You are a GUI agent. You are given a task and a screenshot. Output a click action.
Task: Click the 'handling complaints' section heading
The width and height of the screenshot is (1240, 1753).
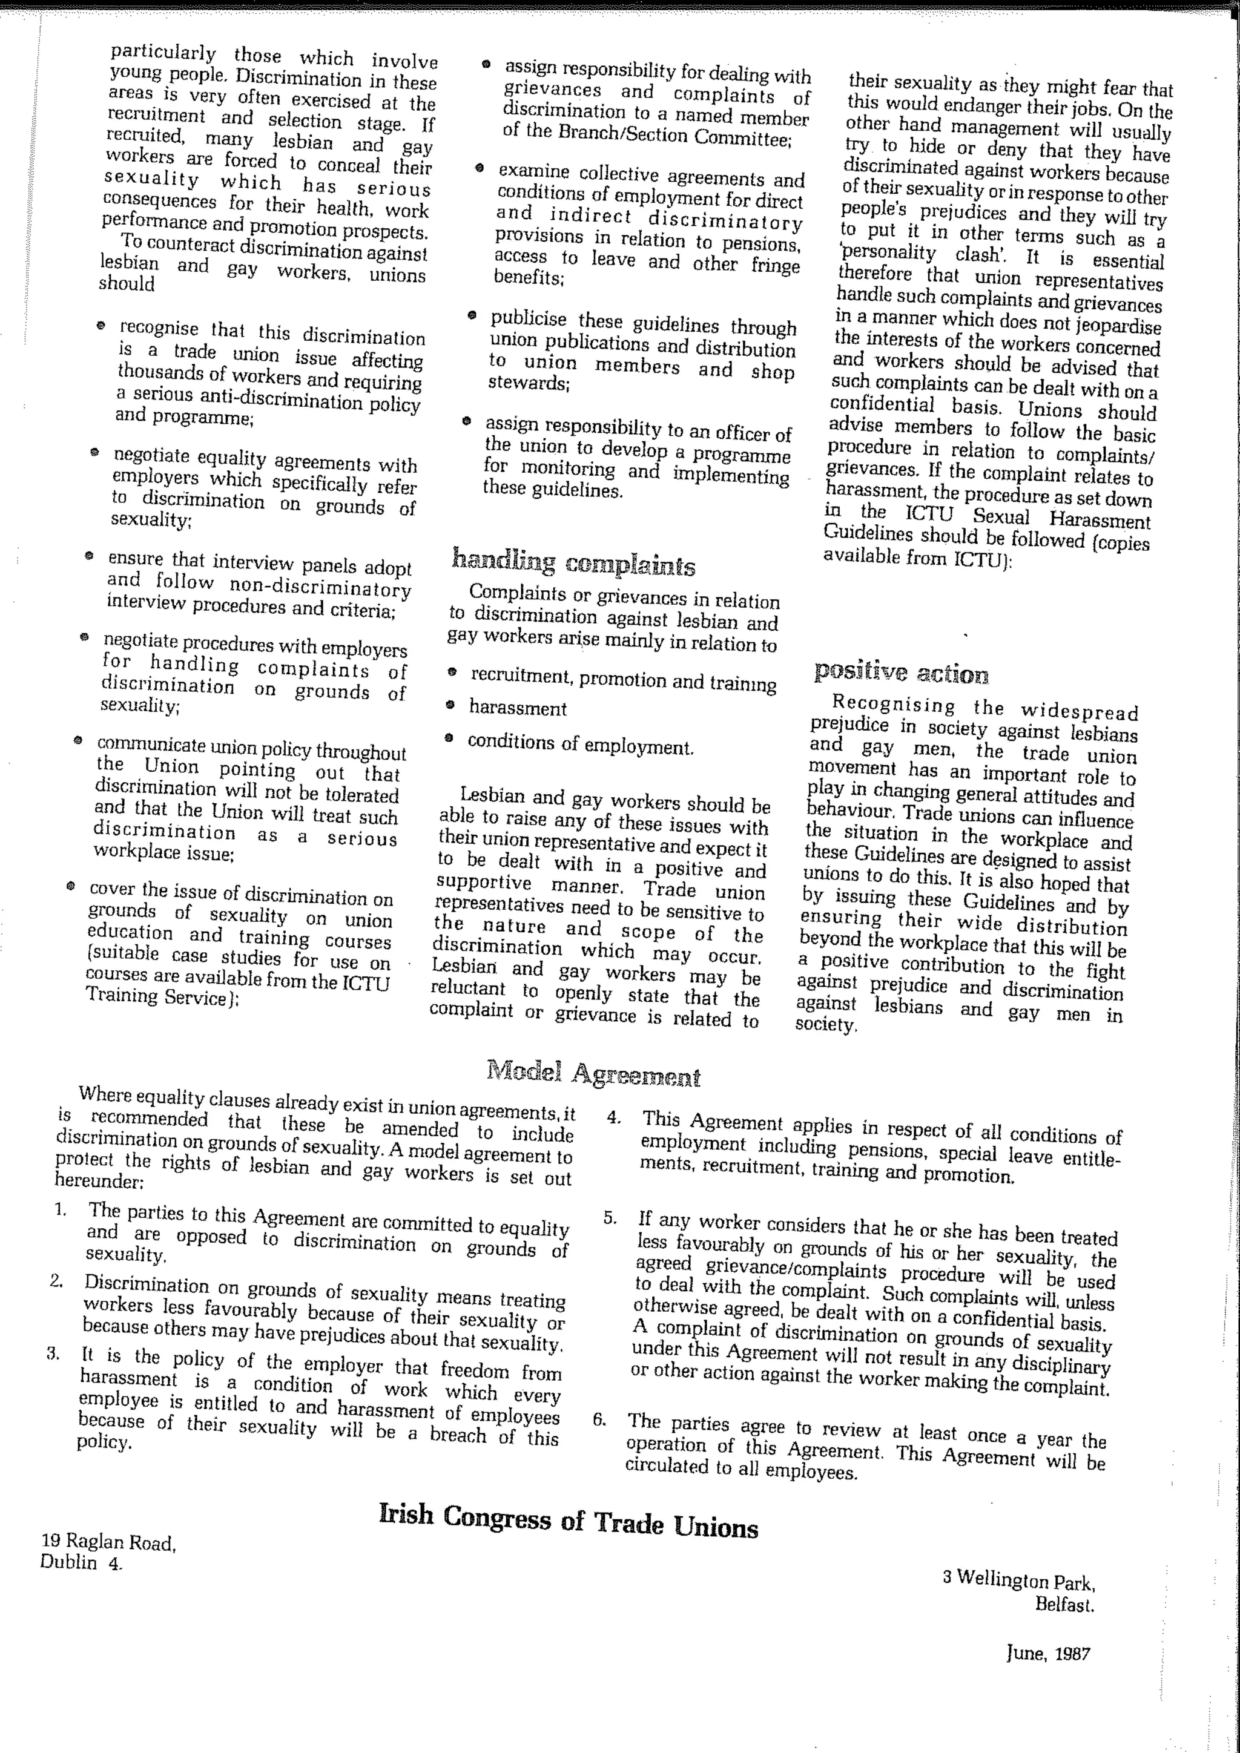[573, 564]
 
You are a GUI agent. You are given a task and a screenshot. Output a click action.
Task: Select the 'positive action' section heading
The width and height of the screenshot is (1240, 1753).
[900, 673]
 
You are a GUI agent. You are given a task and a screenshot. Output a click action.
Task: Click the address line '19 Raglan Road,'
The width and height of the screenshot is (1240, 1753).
[108, 1543]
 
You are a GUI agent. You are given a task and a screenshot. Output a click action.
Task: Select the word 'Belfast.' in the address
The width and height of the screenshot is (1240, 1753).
[1064, 1604]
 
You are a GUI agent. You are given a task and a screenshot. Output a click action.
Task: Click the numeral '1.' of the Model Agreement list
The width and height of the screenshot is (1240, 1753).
[61, 1211]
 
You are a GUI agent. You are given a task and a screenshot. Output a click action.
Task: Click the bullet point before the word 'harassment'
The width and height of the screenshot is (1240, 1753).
[450, 706]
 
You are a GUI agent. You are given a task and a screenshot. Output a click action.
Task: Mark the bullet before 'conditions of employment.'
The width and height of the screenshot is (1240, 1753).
[450, 738]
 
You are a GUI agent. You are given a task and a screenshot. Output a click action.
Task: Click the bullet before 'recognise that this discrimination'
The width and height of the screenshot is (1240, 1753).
[100, 325]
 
